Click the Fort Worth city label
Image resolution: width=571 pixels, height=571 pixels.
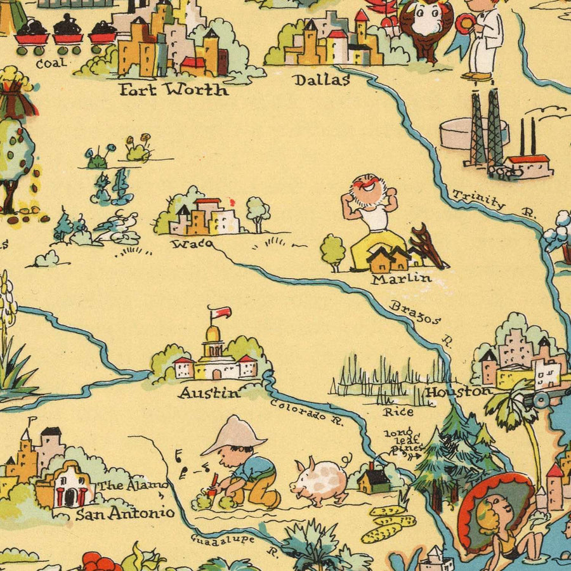(173, 89)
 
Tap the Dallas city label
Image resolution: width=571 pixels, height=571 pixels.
(321, 80)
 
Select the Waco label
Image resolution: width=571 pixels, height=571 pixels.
(190, 243)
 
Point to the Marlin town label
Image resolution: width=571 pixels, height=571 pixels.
(401, 279)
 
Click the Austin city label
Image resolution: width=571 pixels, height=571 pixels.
(209, 393)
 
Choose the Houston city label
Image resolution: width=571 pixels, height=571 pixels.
(458, 391)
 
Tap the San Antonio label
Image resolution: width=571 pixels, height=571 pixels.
(124, 513)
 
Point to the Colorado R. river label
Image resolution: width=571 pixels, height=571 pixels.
(306, 411)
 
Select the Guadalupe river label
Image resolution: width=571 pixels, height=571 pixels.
(223, 540)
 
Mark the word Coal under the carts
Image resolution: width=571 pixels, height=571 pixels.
(51, 63)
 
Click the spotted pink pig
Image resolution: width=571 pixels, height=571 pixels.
(320, 480)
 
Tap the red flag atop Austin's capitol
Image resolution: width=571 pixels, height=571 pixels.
(221, 312)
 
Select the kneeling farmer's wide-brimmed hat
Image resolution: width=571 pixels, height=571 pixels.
(233, 436)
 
